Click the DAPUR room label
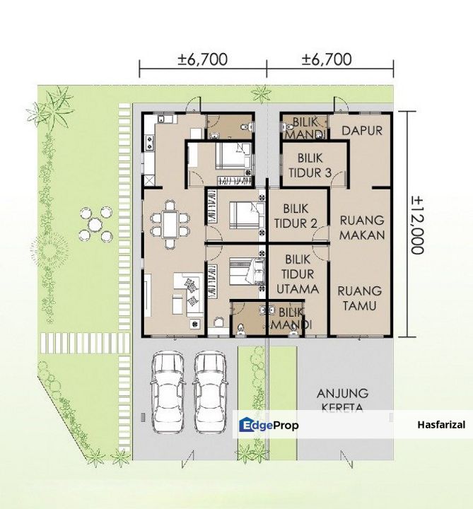[362, 131]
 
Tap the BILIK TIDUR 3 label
[310, 165]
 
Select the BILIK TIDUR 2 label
[296, 216]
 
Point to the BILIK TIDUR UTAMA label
[298, 274]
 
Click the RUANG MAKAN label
[362, 228]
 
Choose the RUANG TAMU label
[359, 298]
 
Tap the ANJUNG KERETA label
[342, 400]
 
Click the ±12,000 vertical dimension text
[417, 225]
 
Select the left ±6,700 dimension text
[203, 59]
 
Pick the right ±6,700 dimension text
[327, 59]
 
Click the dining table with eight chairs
[170, 225]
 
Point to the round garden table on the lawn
[95, 224]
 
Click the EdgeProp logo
[269, 425]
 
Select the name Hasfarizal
[441, 425]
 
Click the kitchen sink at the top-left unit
[165, 119]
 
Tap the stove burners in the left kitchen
[150, 143]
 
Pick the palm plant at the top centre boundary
[262, 93]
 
